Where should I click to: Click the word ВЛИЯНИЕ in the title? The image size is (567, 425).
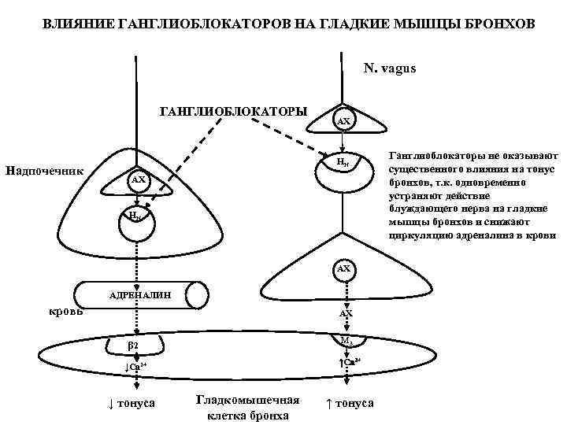tap(76, 25)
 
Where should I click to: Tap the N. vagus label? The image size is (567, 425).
tap(390, 68)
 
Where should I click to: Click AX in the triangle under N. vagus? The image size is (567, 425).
tap(343, 121)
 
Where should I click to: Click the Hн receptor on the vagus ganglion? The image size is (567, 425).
tap(343, 163)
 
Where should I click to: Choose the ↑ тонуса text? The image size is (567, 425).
tap(350, 404)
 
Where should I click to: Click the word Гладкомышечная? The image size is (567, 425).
tap(247, 400)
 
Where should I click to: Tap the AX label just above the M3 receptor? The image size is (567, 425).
tap(346, 313)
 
